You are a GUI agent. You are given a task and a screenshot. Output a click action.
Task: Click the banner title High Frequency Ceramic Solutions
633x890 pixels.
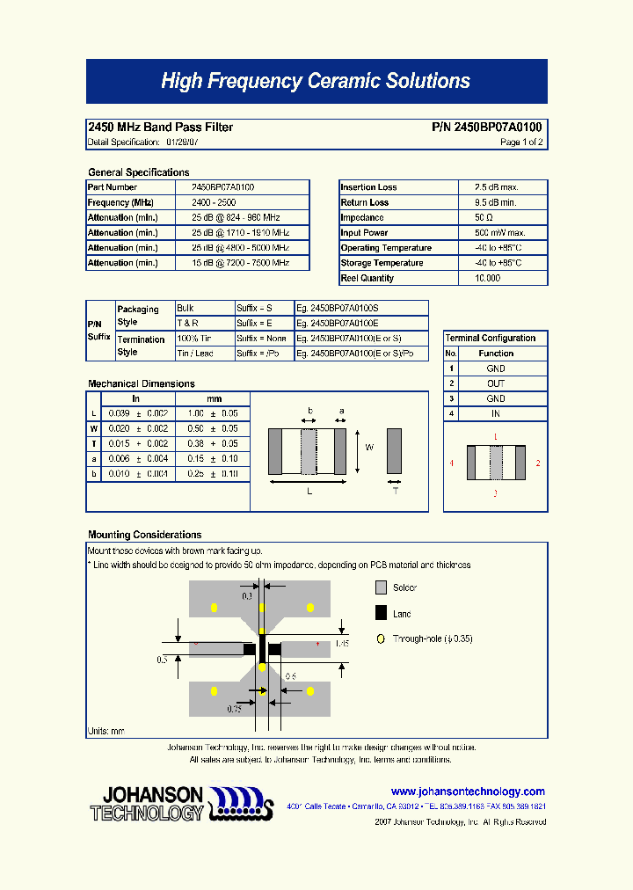click(316, 82)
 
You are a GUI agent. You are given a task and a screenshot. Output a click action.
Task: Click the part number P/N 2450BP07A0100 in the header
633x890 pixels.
click(487, 128)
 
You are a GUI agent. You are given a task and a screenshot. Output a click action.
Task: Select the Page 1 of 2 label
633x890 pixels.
click(521, 142)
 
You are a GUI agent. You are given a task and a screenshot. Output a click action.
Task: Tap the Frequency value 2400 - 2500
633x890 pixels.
click(214, 202)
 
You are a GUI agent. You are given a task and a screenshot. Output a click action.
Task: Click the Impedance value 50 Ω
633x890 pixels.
click(484, 217)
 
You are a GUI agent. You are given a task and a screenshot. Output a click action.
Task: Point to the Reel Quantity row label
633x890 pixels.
click(367, 278)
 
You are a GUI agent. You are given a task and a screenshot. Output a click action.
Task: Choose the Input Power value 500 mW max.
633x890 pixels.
click(500, 232)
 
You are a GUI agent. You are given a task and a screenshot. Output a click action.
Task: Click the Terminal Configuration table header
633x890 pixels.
click(491, 338)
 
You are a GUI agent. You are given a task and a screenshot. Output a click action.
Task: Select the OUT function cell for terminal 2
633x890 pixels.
click(496, 383)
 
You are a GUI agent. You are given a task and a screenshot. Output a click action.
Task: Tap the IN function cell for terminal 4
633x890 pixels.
click(496, 413)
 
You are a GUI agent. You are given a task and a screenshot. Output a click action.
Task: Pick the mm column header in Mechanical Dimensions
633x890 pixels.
click(214, 398)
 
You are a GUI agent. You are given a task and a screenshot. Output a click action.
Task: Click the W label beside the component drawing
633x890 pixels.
click(369, 448)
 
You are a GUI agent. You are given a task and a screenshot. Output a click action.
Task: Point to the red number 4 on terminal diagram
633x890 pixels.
click(452, 463)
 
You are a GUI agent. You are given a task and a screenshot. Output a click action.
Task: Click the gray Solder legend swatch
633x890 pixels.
click(381, 587)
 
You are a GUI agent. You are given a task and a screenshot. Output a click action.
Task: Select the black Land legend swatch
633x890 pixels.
click(381, 613)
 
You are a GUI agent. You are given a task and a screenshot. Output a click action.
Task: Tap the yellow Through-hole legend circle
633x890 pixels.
click(380, 639)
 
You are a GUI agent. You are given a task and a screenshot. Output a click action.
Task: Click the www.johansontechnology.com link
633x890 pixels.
click(468, 792)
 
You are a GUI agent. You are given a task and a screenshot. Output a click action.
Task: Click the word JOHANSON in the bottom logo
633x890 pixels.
click(148, 796)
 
